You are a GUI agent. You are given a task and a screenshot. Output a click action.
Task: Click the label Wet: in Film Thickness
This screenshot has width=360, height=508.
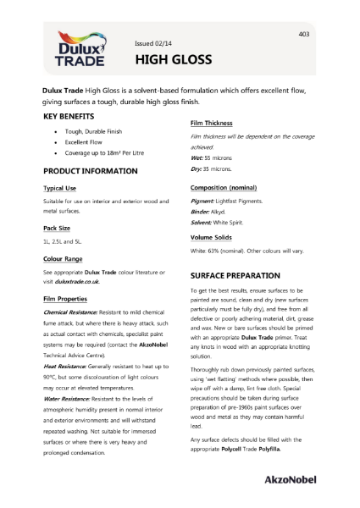coord(199,159)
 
